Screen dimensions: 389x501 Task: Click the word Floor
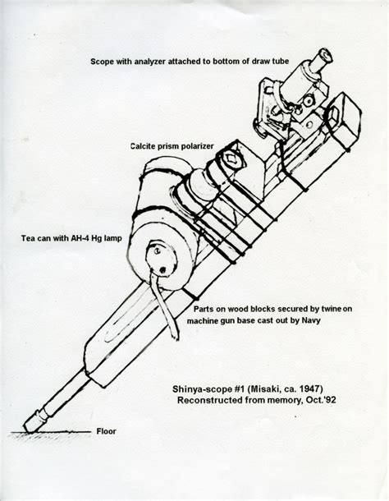coord(107,431)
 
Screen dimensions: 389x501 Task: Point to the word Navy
coord(311,320)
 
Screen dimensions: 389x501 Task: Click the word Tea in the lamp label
coord(27,238)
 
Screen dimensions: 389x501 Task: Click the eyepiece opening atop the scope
coord(327,54)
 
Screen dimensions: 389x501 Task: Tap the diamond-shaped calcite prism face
coord(231,158)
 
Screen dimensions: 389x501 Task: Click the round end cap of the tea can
coord(162,260)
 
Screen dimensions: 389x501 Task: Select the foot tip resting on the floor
coord(29,428)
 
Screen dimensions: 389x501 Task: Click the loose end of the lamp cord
coord(176,337)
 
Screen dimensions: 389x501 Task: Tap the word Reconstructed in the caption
coord(209,400)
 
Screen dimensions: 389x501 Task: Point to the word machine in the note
coord(199,320)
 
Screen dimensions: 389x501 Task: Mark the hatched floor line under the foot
coord(50,433)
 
